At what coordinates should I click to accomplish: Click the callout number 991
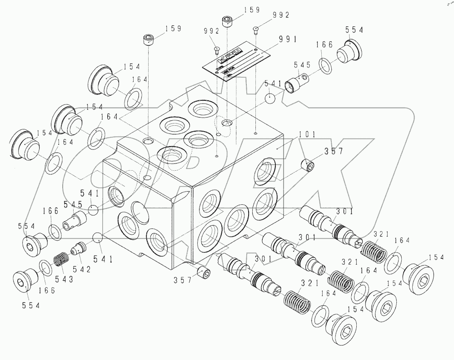[289, 40]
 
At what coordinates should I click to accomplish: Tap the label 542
[84, 270]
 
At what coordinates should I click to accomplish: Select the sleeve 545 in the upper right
[299, 81]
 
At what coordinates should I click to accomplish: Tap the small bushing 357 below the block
[205, 274]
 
